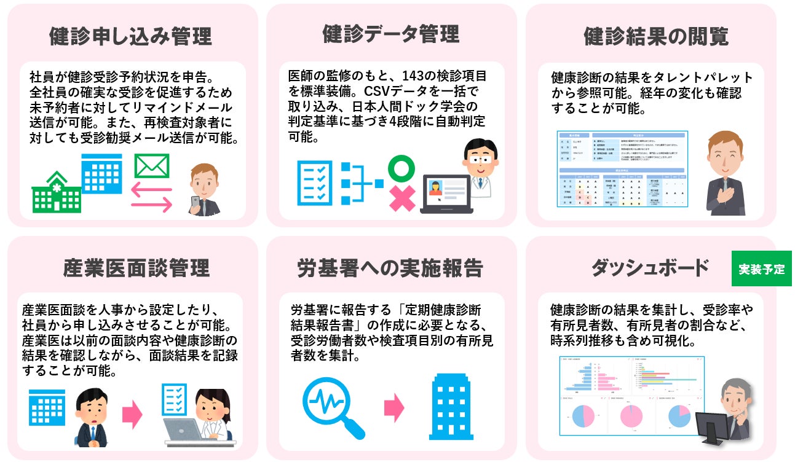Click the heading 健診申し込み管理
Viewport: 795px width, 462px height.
click(130, 36)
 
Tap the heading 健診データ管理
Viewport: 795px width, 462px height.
click(390, 34)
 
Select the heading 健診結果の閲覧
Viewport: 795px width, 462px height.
click(655, 36)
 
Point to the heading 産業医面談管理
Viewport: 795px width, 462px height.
click(136, 268)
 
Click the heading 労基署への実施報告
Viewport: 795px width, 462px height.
click(390, 268)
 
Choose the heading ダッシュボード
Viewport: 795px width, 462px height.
click(649, 268)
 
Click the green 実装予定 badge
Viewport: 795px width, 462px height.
click(761, 269)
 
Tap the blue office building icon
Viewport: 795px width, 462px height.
click(452, 407)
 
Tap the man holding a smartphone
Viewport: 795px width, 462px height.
click(204, 190)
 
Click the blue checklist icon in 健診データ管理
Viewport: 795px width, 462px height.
click(314, 182)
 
